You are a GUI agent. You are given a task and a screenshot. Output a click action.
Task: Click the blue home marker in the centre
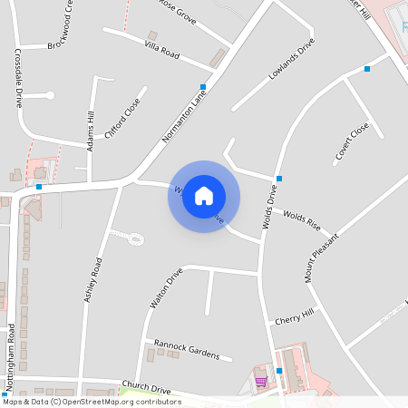pyautogui.click(x=204, y=196)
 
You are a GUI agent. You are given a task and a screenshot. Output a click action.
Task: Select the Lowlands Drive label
pyautogui.click(x=292, y=59)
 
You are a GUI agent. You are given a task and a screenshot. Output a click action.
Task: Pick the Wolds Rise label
pyautogui.click(x=303, y=219)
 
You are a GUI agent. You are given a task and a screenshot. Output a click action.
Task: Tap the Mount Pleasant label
pyautogui.click(x=322, y=257)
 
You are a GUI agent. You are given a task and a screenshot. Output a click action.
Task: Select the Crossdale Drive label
pyautogui.click(x=17, y=78)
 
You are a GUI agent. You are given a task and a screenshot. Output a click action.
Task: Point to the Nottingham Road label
pyautogui.click(x=11, y=357)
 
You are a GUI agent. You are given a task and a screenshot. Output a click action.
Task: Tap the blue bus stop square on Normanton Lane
pyautogui.click(x=203, y=87)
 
